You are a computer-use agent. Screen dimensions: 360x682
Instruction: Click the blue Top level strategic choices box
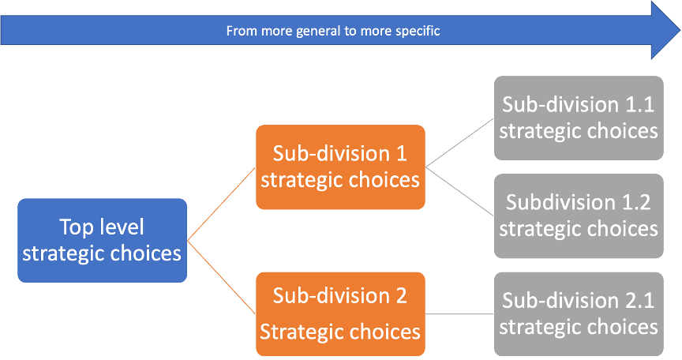[x=102, y=240]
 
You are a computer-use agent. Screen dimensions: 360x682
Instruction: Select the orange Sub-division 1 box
[x=340, y=166]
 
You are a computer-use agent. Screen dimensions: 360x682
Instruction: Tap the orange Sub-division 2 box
[x=340, y=313]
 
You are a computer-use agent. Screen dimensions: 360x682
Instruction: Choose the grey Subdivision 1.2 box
[x=579, y=216]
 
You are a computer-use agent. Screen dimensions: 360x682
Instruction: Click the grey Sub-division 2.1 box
[x=579, y=313]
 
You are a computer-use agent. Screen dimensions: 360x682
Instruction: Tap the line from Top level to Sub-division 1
[x=221, y=203]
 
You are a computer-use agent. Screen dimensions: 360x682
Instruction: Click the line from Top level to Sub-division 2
[x=221, y=277]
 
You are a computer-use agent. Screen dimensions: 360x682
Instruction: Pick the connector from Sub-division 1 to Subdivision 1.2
[x=460, y=189]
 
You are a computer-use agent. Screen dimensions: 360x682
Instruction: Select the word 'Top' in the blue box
[x=77, y=227]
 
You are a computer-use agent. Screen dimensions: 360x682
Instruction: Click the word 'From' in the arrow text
[x=240, y=32]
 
